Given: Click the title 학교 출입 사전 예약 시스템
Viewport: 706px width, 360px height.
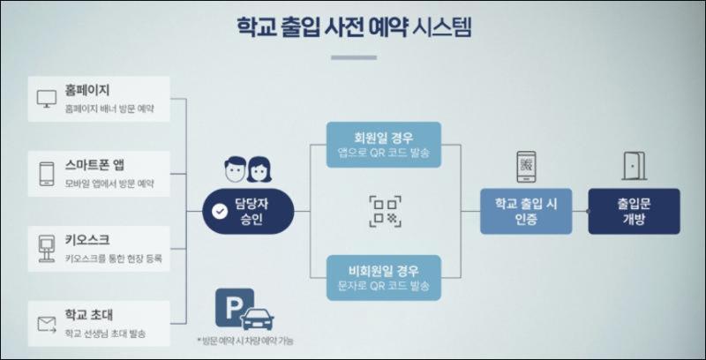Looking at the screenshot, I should click(353, 26).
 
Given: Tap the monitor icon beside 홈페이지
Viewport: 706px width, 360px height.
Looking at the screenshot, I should click(45, 98).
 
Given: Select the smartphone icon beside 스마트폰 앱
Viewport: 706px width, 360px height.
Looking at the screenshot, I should click(45, 173).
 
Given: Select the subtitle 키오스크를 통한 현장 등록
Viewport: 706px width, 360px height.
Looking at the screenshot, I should click(113, 259).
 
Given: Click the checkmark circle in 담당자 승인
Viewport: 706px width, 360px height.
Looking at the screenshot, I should click(219, 212).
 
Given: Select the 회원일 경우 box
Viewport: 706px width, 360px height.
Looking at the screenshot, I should click(383, 144).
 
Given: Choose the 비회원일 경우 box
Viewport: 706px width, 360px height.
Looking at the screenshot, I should click(383, 277).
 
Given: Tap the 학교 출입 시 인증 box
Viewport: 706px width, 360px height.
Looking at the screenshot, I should click(526, 211).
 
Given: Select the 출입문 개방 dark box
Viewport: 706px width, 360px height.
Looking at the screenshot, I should click(634, 211).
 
